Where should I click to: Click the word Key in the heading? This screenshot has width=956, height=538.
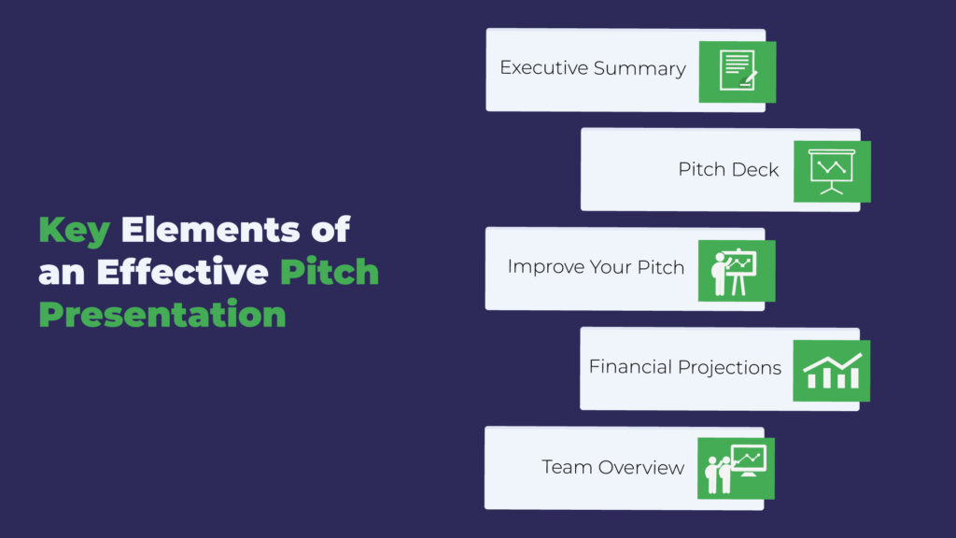pos(75,231)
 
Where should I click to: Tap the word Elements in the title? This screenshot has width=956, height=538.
pos(210,230)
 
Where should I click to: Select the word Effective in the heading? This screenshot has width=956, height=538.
pos(182,272)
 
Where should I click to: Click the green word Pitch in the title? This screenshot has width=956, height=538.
pos(330,272)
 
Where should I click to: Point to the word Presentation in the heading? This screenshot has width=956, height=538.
pos(162,314)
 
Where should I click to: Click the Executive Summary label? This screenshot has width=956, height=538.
pos(593,68)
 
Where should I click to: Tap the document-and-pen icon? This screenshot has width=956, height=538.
pos(738,71)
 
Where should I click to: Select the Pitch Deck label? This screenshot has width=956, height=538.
pos(728,169)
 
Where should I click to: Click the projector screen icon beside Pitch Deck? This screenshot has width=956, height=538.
pos(832,172)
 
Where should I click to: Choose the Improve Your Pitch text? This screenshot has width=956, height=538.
pos(596,267)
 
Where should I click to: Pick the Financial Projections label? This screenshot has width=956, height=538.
pos(684,367)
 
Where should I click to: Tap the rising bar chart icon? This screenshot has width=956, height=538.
pos(832,371)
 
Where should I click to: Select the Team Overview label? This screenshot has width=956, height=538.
pos(612,467)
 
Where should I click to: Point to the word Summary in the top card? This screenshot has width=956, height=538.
pos(640,69)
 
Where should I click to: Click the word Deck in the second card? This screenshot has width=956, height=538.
pos(757,169)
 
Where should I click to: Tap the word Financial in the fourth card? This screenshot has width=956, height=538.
pos(630,366)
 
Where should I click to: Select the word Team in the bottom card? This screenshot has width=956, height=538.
pos(567,467)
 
